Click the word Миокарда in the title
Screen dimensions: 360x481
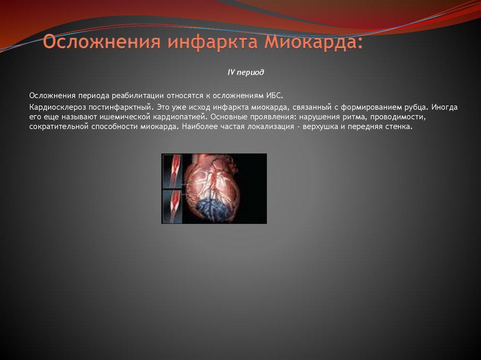tap(313, 42)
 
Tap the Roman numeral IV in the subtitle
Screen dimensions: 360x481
tap(231, 73)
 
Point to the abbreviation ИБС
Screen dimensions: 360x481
tap(275, 95)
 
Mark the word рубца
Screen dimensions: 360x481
tap(416, 107)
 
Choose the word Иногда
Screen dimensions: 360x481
tap(445, 107)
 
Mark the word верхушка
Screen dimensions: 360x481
tap(322, 127)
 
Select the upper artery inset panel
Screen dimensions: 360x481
tap(172, 171)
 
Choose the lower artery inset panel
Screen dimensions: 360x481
tap(172, 206)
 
